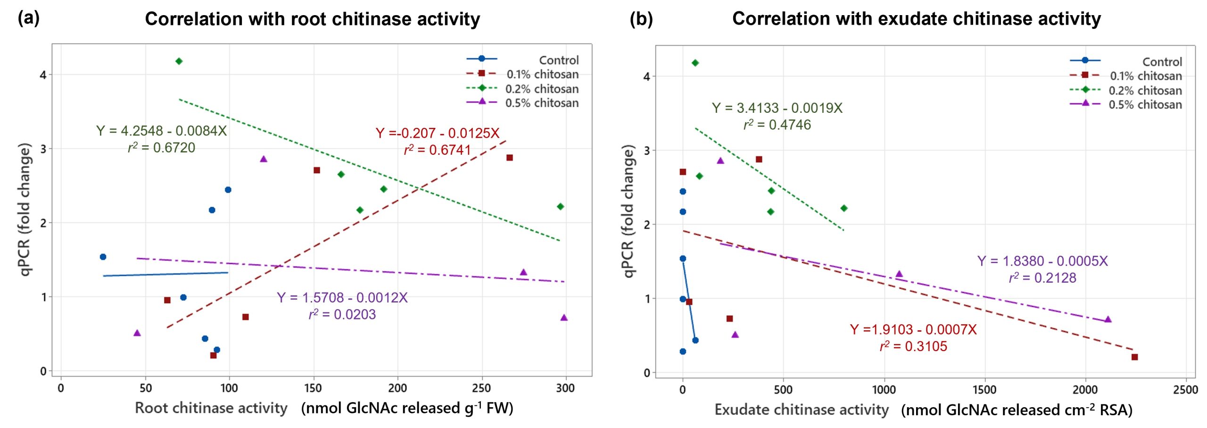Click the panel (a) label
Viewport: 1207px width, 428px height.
point(28,18)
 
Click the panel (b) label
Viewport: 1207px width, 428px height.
point(641,18)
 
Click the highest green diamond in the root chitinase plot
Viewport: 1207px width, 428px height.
point(179,61)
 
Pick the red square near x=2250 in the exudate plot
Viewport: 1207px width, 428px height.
point(1134,357)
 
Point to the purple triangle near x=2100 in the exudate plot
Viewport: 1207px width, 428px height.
point(1108,319)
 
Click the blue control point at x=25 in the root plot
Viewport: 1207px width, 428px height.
point(103,257)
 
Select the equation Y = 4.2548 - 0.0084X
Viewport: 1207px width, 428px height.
point(161,131)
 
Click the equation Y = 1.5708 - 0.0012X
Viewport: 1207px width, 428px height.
point(342,298)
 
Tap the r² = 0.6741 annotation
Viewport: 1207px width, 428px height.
point(437,150)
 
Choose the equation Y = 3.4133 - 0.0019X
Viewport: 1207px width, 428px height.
point(777,108)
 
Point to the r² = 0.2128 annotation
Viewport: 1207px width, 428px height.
point(1042,278)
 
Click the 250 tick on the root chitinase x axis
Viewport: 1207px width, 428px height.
point(481,388)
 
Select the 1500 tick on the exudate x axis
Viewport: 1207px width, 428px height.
point(984,390)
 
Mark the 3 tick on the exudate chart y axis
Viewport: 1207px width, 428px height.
point(646,151)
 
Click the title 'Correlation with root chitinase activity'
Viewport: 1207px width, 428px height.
point(312,19)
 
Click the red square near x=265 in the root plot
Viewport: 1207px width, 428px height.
point(509,158)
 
